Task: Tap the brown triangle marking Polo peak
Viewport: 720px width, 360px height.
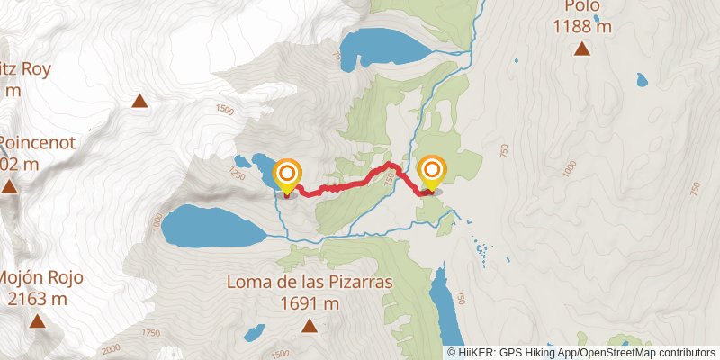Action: point(582,49)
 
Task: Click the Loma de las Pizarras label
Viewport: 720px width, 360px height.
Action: point(309,283)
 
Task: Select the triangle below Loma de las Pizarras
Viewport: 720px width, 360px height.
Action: point(309,325)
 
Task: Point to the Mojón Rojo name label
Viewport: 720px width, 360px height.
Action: point(40,277)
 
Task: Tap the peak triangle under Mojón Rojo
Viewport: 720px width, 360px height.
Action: point(37,320)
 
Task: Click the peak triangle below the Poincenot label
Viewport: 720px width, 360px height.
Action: point(9,186)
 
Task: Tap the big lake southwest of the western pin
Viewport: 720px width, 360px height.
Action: point(214,225)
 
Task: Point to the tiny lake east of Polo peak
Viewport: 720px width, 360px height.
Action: point(642,80)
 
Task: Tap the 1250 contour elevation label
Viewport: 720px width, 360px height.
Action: point(238,168)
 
